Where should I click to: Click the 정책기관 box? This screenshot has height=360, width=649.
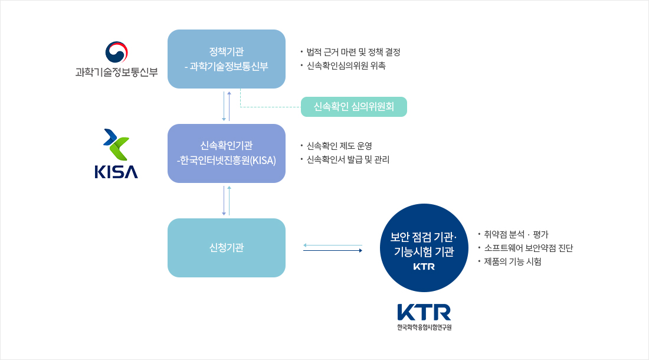[x=227, y=59]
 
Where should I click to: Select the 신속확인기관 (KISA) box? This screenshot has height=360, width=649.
[x=227, y=153]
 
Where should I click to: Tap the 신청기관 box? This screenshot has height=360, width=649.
[x=227, y=247]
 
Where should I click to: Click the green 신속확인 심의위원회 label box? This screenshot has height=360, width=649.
[x=354, y=107]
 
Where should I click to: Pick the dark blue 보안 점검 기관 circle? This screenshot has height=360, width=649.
[x=424, y=247]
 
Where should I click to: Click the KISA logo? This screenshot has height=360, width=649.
[x=116, y=153]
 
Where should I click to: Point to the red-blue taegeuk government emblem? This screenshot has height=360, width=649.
[x=117, y=52]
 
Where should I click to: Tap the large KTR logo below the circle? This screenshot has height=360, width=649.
[x=424, y=317]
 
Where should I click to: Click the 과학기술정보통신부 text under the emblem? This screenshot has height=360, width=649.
[x=117, y=72]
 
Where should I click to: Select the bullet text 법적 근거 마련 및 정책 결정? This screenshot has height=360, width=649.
[x=353, y=52]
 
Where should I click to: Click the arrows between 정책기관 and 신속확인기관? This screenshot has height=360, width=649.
[x=227, y=106]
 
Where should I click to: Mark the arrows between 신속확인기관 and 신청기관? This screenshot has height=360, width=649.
[x=227, y=201]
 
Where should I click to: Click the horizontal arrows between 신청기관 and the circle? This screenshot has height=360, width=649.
[x=333, y=248]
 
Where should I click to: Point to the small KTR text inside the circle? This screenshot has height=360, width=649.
[x=424, y=267]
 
